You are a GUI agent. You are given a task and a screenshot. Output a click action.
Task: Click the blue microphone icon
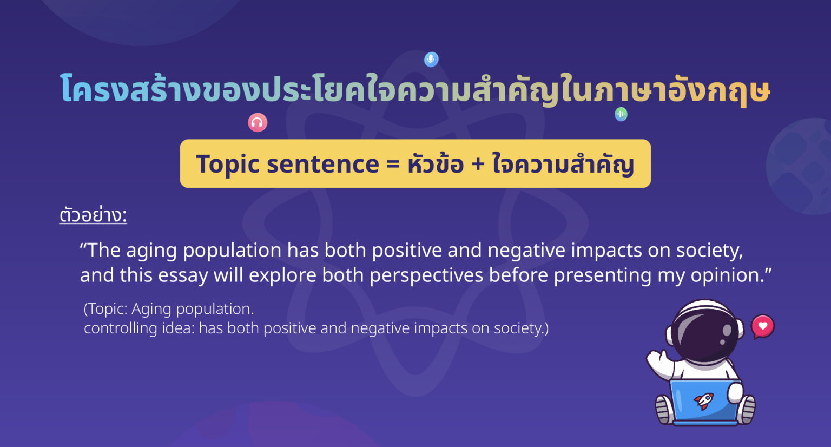pyautogui.click(x=431, y=60)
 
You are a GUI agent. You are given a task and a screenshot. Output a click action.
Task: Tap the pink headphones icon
pyautogui.click(x=258, y=122)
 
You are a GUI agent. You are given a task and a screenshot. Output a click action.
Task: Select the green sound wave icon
pyautogui.click(x=621, y=114)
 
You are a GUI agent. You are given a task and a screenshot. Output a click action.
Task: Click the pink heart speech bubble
pyautogui.click(x=763, y=326)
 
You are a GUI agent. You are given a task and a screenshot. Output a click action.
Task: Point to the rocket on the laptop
pyautogui.click(x=704, y=401)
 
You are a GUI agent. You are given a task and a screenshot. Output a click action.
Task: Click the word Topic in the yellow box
pyautogui.click(x=228, y=165)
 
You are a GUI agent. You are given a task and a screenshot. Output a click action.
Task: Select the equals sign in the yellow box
pyautogui.click(x=392, y=165)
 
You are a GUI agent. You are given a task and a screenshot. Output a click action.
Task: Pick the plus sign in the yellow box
pyautogui.click(x=478, y=165)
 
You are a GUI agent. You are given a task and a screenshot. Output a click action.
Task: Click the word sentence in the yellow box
pyautogui.click(x=323, y=165)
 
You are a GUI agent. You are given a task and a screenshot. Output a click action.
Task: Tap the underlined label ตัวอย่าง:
pyautogui.click(x=93, y=215)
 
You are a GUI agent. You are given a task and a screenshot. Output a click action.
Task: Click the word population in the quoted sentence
pyautogui.click(x=232, y=251)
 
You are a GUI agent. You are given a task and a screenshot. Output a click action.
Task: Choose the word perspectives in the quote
pyautogui.click(x=427, y=276)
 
